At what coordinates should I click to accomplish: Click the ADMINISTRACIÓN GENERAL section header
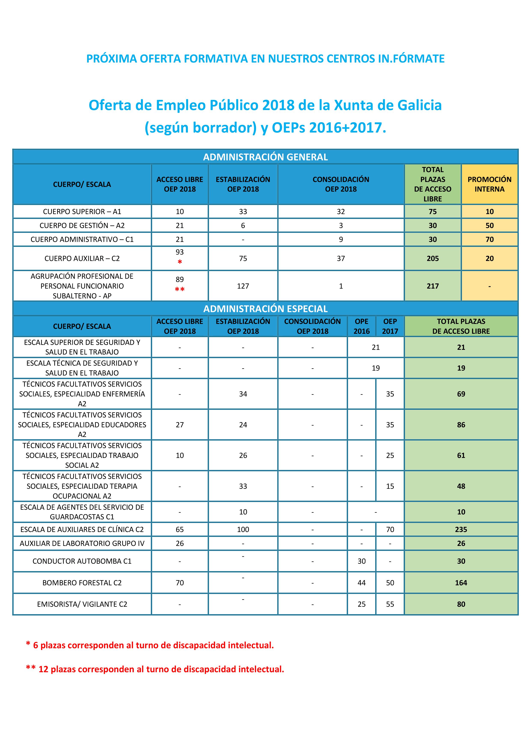(x=265, y=157)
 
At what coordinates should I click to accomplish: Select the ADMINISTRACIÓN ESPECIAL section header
(x=265, y=309)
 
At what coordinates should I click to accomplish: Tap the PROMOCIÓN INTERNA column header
(x=489, y=184)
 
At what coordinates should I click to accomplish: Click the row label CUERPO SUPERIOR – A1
(x=82, y=212)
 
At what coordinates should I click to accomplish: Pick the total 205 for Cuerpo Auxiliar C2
(x=433, y=258)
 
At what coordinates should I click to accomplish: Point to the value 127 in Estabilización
(x=243, y=286)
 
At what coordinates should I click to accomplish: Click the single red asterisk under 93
(x=180, y=262)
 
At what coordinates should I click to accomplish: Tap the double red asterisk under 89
(x=180, y=289)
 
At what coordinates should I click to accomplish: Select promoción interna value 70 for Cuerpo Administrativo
(x=489, y=239)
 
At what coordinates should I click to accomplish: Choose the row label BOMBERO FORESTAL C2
(x=82, y=583)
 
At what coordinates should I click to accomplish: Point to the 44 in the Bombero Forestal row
(x=362, y=583)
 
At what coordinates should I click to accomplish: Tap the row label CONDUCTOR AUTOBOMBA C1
(x=82, y=561)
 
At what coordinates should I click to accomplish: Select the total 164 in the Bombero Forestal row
(x=461, y=583)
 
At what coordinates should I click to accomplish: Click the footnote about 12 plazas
(x=155, y=669)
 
